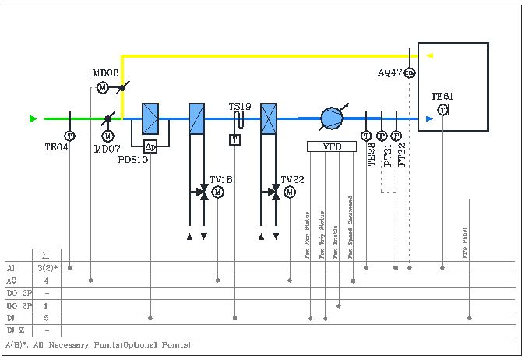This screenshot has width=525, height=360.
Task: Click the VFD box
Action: pos(332,146)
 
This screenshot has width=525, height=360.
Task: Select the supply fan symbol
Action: pos(332,118)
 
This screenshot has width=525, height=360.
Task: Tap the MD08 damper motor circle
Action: pos(102,87)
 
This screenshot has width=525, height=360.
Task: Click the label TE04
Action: pos(57,146)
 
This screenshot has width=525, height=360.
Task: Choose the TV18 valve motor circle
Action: pos(218,192)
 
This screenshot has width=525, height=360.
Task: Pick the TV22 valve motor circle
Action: pos(290,192)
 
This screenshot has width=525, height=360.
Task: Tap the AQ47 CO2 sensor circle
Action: pos(410,72)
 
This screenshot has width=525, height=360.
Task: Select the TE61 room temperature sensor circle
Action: pos(442,111)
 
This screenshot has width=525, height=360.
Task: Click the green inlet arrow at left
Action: pos(33,118)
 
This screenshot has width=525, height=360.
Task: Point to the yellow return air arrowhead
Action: pos(429,55)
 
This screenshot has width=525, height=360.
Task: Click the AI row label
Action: pos(11,267)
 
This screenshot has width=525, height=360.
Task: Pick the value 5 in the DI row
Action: pos(46,318)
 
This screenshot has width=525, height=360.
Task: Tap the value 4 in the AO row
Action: pos(46,280)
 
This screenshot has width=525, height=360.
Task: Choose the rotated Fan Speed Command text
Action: pos(351,226)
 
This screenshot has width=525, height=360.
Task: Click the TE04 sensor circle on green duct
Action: pos(70,136)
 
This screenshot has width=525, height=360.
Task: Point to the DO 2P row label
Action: pos(17,305)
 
